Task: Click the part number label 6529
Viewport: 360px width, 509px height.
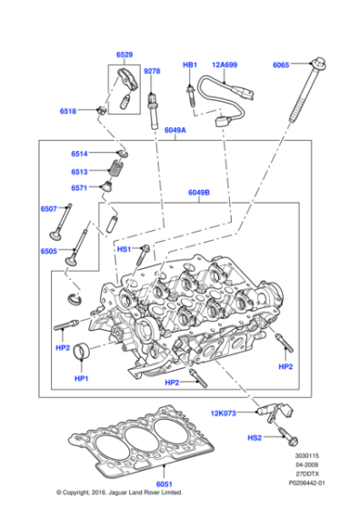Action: pyautogui.click(x=125, y=56)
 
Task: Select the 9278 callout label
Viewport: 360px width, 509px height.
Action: pyautogui.click(x=152, y=71)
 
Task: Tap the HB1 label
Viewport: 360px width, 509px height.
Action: pyautogui.click(x=190, y=65)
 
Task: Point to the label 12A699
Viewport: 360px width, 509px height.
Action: pyautogui.click(x=225, y=65)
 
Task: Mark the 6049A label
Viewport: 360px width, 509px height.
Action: pyautogui.click(x=176, y=131)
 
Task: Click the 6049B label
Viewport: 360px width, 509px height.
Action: pyautogui.click(x=199, y=193)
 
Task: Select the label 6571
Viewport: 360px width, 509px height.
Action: pyautogui.click(x=79, y=188)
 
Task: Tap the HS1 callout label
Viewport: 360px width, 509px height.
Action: pyautogui.click(x=124, y=248)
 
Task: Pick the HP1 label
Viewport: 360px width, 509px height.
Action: pyautogui.click(x=81, y=377)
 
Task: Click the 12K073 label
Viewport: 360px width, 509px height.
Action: pyautogui.click(x=223, y=413)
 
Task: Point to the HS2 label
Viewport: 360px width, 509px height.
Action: pyautogui.click(x=255, y=438)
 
